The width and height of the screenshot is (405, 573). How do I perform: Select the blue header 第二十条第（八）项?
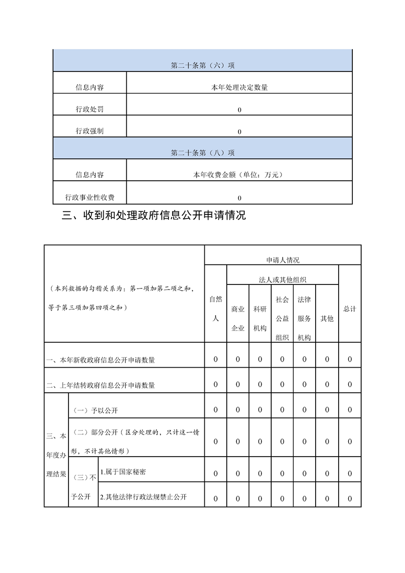(x=203, y=153)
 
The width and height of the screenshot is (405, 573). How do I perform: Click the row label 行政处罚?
(x=90, y=109)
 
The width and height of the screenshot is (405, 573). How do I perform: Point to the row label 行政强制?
(x=90, y=131)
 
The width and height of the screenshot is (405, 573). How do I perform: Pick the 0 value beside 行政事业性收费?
(x=240, y=198)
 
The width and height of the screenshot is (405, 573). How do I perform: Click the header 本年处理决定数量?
(x=240, y=87)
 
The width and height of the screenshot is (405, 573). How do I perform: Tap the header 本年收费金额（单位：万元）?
(x=240, y=175)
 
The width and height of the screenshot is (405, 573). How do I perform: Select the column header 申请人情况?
(x=283, y=260)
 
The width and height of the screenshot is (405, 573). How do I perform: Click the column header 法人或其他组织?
(x=282, y=279)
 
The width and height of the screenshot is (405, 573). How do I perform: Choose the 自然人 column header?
(x=216, y=308)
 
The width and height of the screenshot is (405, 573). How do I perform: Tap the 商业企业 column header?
(x=238, y=319)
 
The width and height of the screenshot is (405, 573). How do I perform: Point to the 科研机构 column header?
(x=260, y=319)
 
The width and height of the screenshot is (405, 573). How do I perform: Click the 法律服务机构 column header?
(x=304, y=318)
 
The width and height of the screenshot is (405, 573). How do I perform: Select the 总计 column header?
(x=350, y=309)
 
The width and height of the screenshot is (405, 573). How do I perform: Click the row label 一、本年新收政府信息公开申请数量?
(x=101, y=360)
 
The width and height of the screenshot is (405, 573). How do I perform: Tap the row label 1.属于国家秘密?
(x=123, y=472)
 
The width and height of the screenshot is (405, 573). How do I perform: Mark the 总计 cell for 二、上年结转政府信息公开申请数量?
(x=350, y=385)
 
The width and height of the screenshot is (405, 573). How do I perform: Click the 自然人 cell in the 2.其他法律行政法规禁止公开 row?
(x=216, y=498)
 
